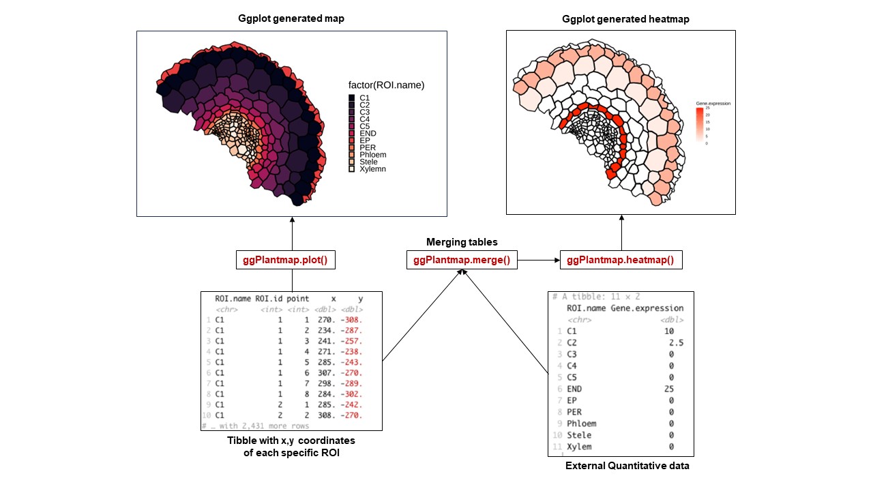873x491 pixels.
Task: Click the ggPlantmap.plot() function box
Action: click(292, 260)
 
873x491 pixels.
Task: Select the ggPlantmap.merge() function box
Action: click(462, 260)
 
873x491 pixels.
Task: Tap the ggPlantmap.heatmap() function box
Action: click(620, 260)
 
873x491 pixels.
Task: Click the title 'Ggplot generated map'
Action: click(291, 18)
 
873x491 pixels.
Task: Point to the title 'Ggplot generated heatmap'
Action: click(625, 19)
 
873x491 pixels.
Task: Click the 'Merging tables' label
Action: click(462, 242)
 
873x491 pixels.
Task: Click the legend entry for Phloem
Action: click(372, 154)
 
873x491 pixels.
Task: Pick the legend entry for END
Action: click(368, 133)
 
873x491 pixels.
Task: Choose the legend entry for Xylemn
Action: click(372, 168)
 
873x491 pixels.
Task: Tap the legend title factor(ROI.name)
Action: click(386, 85)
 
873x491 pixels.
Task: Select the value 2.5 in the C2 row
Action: click(676, 342)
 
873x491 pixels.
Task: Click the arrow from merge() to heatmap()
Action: click(538, 260)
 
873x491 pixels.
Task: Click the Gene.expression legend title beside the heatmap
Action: click(713, 104)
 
